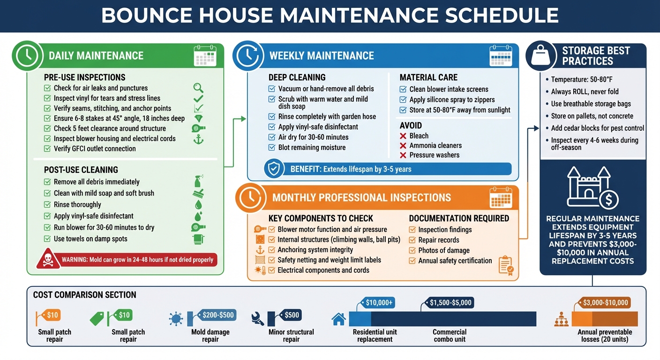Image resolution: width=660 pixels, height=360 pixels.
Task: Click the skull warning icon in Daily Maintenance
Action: click(x=48, y=259)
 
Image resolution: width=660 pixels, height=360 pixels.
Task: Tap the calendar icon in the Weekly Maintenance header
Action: click(x=500, y=55)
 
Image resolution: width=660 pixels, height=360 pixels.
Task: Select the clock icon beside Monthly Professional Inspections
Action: click(x=250, y=197)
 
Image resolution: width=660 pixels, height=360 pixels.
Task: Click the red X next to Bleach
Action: click(x=403, y=135)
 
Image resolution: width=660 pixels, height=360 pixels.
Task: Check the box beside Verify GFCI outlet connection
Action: click(x=47, y=149)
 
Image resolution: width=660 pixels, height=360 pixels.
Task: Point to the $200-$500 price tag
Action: click(x=218, y=315)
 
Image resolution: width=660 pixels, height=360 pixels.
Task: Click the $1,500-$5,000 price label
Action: click(x=450, y=303)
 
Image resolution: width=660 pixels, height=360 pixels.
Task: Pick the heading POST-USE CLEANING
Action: click(x=81, y=170)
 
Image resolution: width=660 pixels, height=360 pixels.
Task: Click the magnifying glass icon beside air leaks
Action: click(x=198, y=88)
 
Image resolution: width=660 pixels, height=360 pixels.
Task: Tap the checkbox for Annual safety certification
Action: click(x=412, y=261)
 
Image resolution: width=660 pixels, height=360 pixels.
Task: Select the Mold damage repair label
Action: click(x=210, y=336)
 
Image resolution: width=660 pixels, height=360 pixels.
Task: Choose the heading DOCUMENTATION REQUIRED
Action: click(x=459, y=218)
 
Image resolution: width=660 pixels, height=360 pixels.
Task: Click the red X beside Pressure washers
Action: click(x=403, y=155)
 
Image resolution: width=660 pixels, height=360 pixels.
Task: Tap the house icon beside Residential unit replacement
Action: click(x=338, y=319)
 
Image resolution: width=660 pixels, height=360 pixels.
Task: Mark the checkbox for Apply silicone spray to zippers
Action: click(x=403, y=99)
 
